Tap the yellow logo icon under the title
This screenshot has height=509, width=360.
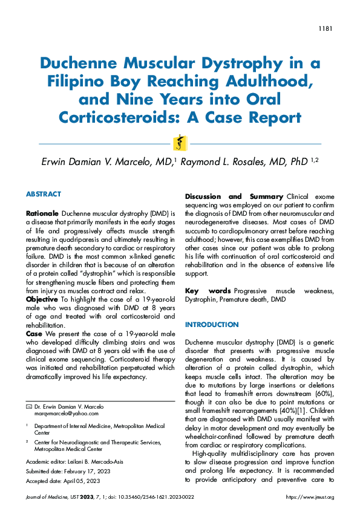point(180,144)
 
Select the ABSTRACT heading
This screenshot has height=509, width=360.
point(44,194)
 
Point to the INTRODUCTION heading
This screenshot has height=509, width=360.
point(212,325)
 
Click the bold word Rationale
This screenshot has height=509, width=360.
point(42,214)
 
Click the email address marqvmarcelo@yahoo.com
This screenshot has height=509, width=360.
point(66,413)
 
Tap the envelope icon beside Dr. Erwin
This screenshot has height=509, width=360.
point(29,406)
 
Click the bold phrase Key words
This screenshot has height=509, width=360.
point(208,291)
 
